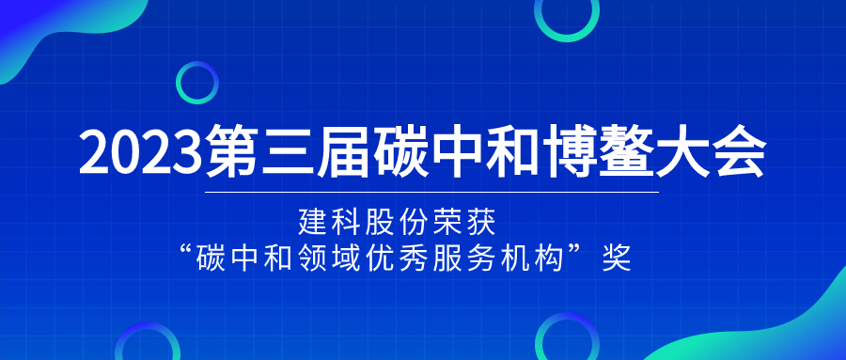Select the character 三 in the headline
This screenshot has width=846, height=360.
(290, 150)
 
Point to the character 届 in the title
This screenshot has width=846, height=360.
(346, 150)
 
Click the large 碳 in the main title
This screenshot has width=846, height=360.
(402, 150)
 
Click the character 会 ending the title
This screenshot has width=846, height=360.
(739, 150)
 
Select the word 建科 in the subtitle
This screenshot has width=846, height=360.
(329, 223)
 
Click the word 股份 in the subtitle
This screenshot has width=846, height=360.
(396, 223)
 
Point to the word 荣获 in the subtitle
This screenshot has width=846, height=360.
(463, 223)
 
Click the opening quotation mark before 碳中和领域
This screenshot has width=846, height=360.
(189, 253)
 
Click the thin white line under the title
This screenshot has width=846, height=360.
(432, 192)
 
